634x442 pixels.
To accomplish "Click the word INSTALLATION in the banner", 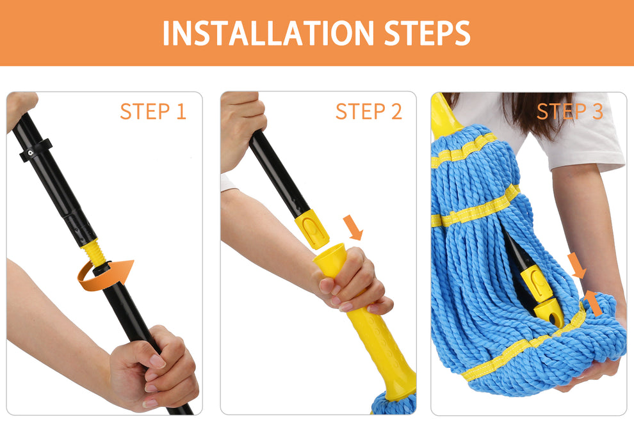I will click(268, 33).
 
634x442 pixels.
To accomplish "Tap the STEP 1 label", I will click(152, 111).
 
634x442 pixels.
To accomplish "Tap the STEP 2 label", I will click(368, 111).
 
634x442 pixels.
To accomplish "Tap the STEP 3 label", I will click(569, 111).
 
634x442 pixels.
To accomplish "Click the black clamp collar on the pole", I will click(35, 149).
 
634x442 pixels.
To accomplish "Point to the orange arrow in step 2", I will click(352, 227).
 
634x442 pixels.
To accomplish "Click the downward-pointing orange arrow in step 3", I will click(577, 265).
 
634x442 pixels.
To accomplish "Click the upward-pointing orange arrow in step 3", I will click(593, 303).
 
